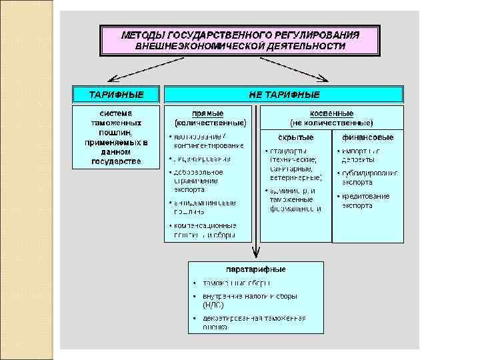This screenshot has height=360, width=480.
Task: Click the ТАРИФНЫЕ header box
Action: click(116, 94)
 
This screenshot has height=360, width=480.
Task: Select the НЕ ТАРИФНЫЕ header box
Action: click(284, 94)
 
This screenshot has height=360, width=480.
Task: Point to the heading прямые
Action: click(208, 113)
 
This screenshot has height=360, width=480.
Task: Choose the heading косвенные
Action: click(331, 113)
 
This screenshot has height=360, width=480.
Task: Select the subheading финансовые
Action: click(367, 137)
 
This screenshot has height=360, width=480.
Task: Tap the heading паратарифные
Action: click(256, 269)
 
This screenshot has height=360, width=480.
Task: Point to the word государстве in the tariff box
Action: click(116, 161)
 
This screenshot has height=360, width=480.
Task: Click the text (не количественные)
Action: click(331, 123)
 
